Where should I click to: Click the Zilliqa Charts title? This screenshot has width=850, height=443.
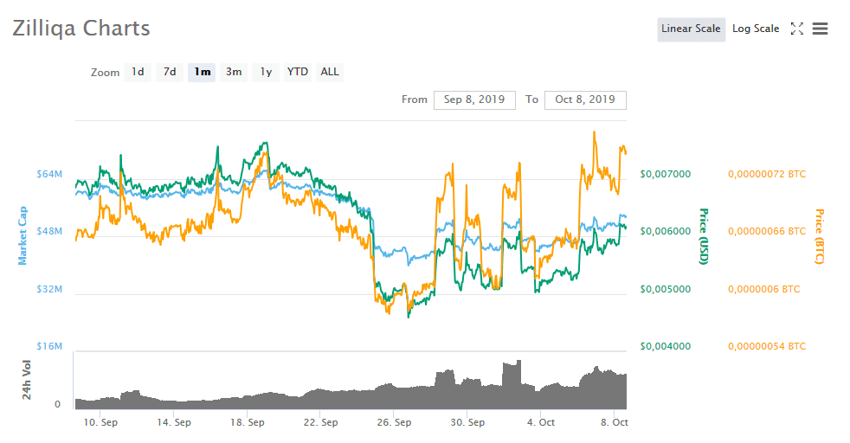[81, 29]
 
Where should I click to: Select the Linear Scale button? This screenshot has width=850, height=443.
[691, 29]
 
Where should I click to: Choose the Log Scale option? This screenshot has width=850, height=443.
[756, 29]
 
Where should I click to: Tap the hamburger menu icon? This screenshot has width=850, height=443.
[820, 29]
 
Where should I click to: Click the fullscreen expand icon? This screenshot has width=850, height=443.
[797, 29]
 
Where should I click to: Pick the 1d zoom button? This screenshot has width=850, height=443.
[138, 72]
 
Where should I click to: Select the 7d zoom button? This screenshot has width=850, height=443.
[170, 72]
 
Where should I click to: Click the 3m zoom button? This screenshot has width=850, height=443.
[234, 72]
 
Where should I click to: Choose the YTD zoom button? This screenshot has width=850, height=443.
[298, 72]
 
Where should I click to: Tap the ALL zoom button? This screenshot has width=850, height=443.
[330, 72]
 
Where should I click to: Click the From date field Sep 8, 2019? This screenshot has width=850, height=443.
[474, 100]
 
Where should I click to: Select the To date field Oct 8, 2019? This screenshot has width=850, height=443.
[585, 100]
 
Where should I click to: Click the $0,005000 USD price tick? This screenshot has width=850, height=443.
[665, 289]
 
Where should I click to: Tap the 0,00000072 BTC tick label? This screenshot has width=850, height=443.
[767, 174]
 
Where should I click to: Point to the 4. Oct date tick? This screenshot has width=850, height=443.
[542, 423]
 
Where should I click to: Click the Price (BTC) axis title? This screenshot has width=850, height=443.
[819, 236]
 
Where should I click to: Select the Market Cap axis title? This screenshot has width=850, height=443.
[23, 235]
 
